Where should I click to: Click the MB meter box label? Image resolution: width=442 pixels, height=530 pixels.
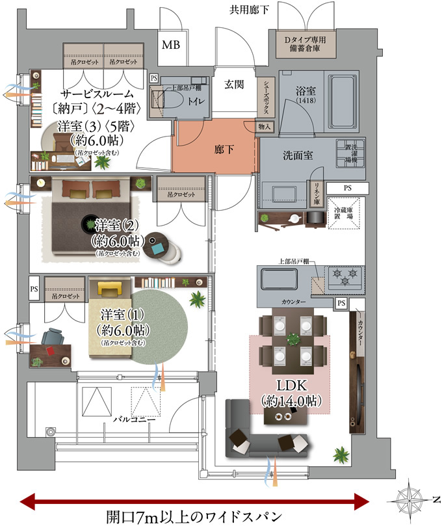pos(171,46)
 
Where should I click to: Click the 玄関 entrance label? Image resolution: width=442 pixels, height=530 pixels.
pos(234,84)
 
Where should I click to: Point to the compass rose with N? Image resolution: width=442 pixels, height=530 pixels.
pos(410,499)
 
